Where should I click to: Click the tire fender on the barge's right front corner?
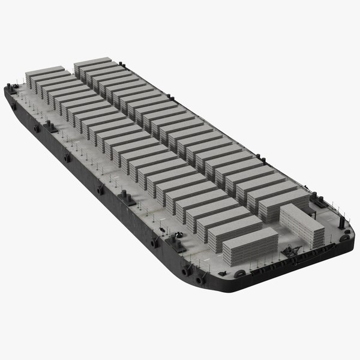[x=344, y=238]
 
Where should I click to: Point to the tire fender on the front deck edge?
[x=240, y=274]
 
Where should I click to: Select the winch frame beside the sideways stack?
[x=292, y=255]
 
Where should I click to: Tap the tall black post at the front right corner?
[x=342, y=223]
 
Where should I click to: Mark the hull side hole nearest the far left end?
[x=13, y=106]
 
